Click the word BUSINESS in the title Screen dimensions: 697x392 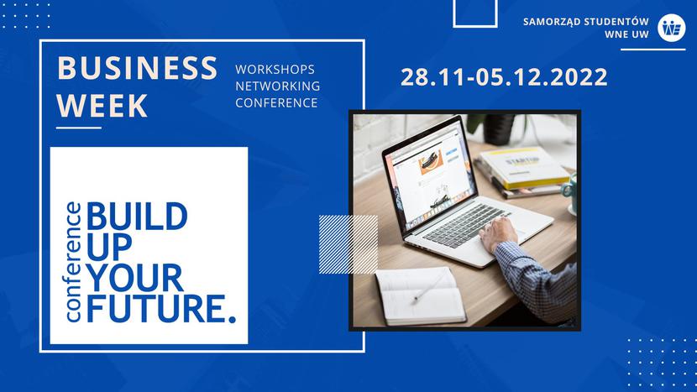click(x=138, y=68)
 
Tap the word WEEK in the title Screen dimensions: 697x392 click(x=102, y=105)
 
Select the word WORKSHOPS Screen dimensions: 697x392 click(x=275, y=70)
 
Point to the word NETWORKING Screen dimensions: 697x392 click(x=277, y=86)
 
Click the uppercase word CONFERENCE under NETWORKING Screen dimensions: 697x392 click(x=276, y=102)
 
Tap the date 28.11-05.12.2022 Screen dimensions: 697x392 click(x=504, y=77)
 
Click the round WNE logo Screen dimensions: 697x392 click(x=671, y=28)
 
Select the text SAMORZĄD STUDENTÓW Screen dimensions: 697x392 click(x=586, y=22)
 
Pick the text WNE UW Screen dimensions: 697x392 click(x=626, y=34)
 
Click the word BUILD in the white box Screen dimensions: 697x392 click(x=137, y=217)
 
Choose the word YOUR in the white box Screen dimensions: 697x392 click(x=134, y=277)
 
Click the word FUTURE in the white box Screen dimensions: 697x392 click(x=156, y=308)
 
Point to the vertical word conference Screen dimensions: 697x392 click(x=73, y=262)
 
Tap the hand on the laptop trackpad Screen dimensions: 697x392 click(x=498, y=233)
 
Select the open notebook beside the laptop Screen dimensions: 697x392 click(x=420, y=295)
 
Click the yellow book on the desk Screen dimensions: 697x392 click(x=524, y=167)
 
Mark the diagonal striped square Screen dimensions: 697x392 click(x=348, y=244)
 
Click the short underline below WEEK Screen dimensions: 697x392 click(x=79, y=128)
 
